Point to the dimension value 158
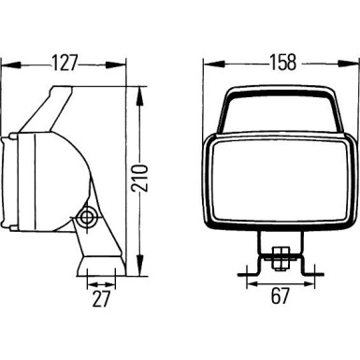coord(280,63)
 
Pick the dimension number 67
coord(280,297)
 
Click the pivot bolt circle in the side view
coord(88,217)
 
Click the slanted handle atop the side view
coord(56,103)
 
